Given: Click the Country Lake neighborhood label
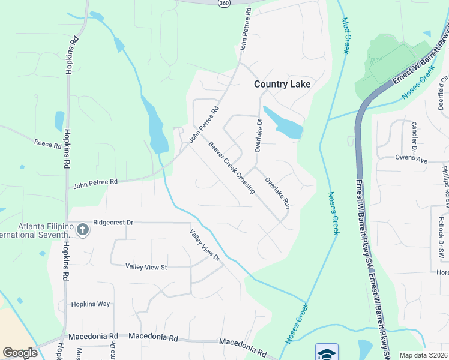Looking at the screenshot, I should click(282, 84).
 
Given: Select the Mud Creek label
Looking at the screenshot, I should click(345, 35).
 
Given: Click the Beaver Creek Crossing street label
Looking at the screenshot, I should click(232, 167).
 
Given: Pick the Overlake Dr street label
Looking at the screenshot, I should click(259, 136).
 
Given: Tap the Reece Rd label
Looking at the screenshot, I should click(48, 145).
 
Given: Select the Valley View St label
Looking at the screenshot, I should click(146, 267).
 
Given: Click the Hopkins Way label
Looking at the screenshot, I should click(91, 304).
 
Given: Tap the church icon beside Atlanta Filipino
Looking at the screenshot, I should click(82, 229).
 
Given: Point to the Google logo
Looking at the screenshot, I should click(20, 353).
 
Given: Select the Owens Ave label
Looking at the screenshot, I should click(411, 160).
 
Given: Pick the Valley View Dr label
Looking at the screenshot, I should click(205, 245).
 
